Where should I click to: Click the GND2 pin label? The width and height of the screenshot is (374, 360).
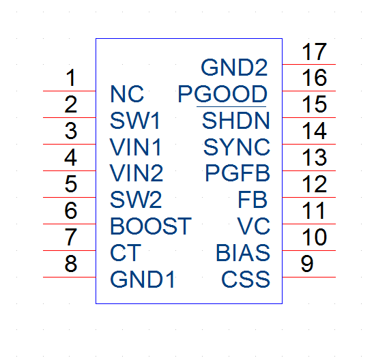tap(234, 67)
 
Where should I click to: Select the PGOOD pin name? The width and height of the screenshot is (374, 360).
tap(222, 94)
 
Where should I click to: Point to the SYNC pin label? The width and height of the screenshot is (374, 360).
tap(237, 147)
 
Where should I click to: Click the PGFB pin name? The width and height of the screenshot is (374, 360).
tap(238, 173)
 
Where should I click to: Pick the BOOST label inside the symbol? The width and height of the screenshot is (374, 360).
tap(151, 226)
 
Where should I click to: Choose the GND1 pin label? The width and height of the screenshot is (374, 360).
tap(143, 280)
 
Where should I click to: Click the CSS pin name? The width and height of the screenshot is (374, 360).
tap(246, 280)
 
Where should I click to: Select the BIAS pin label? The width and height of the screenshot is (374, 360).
tap(243, 252)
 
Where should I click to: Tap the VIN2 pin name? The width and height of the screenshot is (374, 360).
tap(136, 173)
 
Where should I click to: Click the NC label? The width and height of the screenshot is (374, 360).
tap(127, 94)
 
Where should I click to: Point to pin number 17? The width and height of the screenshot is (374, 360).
tap(314, 52)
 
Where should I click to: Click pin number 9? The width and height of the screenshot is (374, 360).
tap(307, 264)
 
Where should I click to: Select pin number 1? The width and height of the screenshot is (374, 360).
tap(71, 78)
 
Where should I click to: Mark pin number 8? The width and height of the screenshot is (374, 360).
tap(71, 264)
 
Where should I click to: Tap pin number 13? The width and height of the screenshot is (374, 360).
tap(314, 157)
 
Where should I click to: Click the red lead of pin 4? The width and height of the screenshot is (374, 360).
tap(70, 171)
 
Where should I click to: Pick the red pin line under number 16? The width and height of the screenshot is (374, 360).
tap(309, 91)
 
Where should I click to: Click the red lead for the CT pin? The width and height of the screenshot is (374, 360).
tap(70, 251)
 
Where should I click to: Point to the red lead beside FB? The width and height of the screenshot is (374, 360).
tap(309, 198)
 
